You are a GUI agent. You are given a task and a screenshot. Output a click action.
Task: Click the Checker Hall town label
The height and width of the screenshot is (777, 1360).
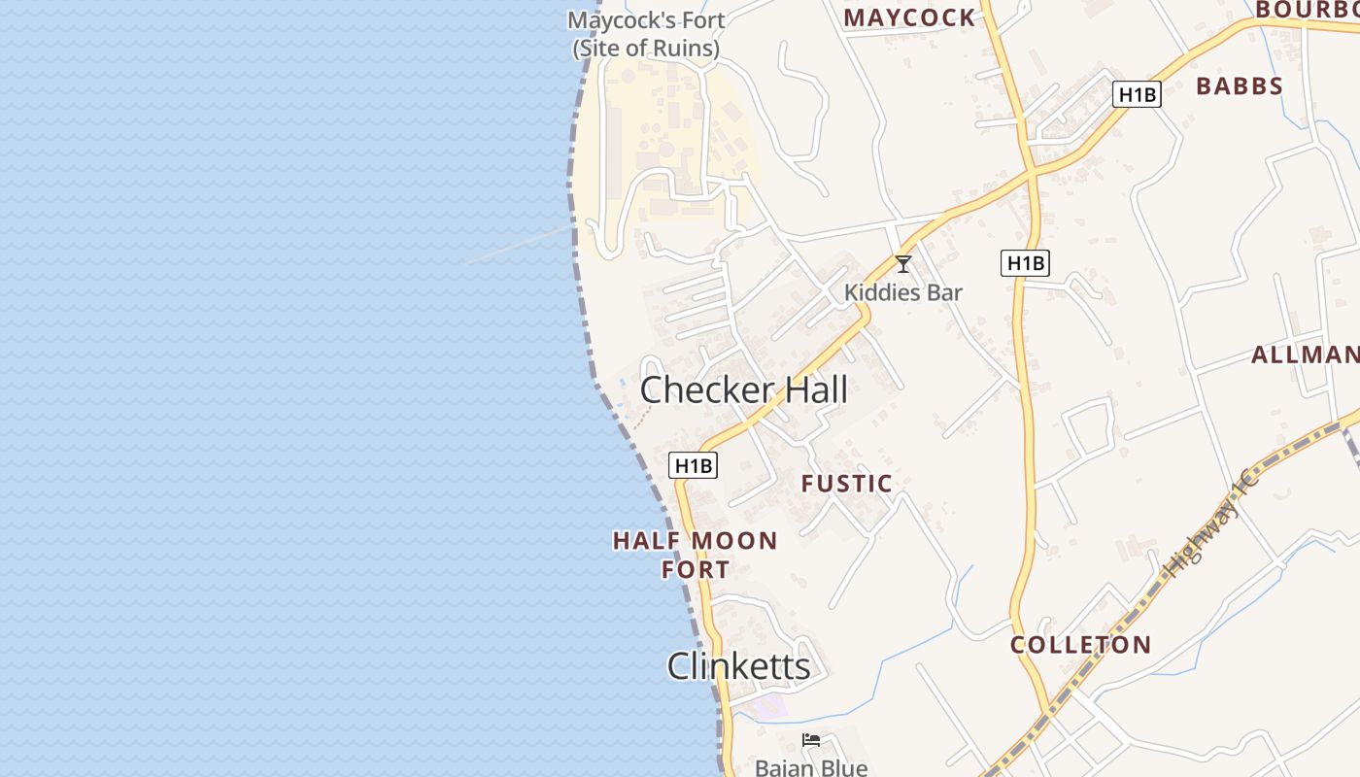point(744,390)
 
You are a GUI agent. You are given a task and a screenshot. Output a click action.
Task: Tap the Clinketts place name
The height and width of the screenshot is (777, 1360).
point(738,666)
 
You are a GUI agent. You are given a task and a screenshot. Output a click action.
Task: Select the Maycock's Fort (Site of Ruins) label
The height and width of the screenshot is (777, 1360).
point(646,34)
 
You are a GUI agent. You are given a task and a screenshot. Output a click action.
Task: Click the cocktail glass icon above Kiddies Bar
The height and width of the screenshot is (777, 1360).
point(903,263)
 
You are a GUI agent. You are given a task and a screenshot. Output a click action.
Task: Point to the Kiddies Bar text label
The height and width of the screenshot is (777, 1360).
point(903,292)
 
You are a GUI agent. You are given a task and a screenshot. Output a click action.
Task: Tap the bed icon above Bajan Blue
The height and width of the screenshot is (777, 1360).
point(811,741)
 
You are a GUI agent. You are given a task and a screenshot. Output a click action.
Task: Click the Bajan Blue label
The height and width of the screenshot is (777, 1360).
point(811,767)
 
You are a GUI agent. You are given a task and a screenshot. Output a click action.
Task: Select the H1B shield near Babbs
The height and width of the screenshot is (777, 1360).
point(1137,94)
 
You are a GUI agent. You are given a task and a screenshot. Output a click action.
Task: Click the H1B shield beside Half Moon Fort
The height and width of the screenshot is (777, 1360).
point(694,466)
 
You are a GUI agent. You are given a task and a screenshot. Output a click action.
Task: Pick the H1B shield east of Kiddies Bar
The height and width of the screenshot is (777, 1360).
point(1025,262)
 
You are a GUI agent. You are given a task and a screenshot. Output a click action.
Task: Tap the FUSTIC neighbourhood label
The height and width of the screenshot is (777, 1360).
point(846,484)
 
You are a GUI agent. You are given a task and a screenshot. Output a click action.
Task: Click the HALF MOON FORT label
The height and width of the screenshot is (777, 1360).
point(696,555)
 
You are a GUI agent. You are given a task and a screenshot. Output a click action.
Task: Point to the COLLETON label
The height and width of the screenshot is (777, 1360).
point(1080,645)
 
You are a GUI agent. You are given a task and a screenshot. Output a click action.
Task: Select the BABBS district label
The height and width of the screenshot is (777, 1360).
point(1240,86)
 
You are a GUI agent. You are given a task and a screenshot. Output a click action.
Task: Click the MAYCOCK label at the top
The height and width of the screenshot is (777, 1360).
point(909,17)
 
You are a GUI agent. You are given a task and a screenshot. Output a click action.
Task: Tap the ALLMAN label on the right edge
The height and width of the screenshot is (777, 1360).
point(1305,355)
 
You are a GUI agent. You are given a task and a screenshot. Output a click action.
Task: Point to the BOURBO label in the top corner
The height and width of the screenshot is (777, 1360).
point(1306,10)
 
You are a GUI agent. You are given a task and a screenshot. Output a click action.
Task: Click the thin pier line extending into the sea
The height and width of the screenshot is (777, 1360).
point(520,245)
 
